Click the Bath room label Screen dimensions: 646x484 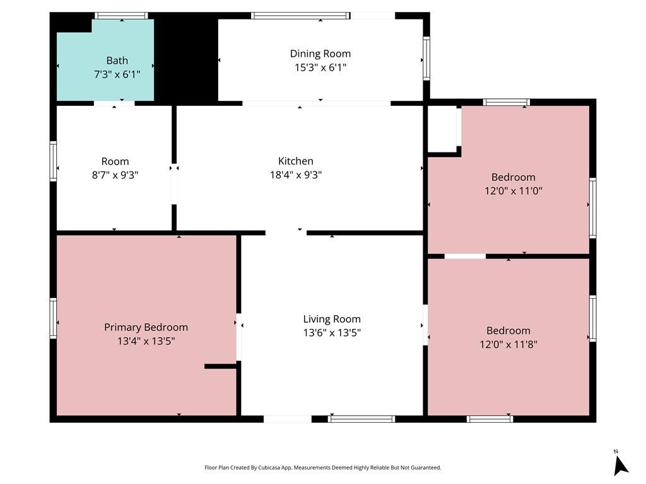pyautogui.click(x=117, y=60)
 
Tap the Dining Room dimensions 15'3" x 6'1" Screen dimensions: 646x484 pyautogui.click(x=320, y=67)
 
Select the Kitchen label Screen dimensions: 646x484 pyautogui.click(x=295, y=161)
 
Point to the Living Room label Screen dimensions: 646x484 pyautogui.click(x=332, y=319)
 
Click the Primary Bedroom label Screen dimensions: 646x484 pyautogui.click(x=146, y=327)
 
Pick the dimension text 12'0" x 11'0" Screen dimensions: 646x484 pyautogui.click(x=513, y=191)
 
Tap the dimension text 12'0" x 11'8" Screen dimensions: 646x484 pyautogui.click(x=508, y=345)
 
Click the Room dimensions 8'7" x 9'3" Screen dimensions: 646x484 pyautogui.click(x=115, y=175)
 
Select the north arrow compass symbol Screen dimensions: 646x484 pyautogui.click(x=621, y=464)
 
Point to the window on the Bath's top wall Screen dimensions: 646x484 pyautogui.click(x=121, y=16)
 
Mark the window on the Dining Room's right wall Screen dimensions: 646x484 pyautogui.click(x=426, y=59)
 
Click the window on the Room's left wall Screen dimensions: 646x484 pyautogui.click(x=53, y=161)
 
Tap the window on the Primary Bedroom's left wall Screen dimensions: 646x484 pyautogui.click(x=53, y=318)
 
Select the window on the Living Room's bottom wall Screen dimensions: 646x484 pyautogui.click(x=361, y=419)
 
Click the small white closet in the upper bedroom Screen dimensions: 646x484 pyautogui.click(x=442, y=129)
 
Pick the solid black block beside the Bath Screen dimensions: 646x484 pyautogui.click(x=185, y=57)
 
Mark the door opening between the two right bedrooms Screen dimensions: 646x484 pyautogui.click(x=465, y=256)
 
